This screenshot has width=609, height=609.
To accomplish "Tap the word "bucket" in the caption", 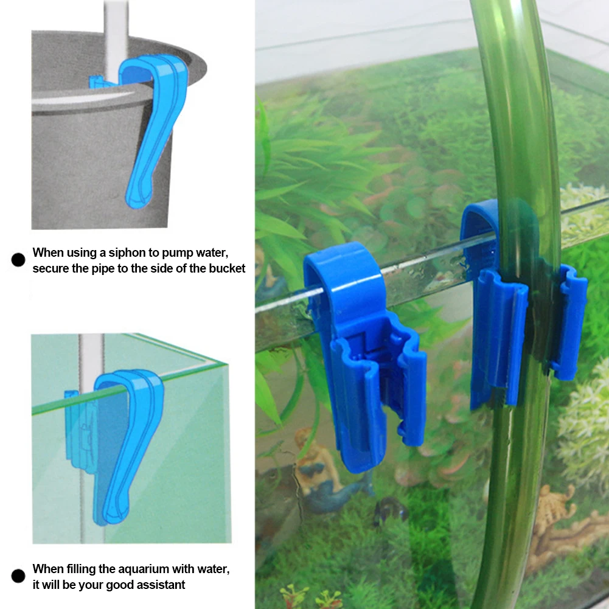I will (x=227, y=268).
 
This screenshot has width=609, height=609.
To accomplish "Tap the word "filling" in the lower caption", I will (x=86, y=569).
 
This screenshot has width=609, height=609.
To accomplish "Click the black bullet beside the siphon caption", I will (x=18, y=260).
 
